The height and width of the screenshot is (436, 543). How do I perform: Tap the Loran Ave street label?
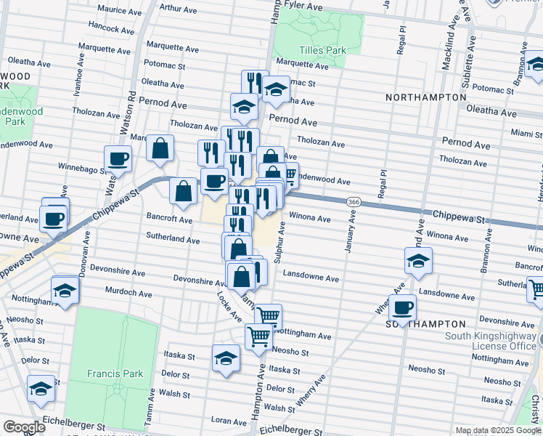click(x=228, y=421)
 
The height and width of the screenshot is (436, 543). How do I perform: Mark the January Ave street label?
click(x=348, y=233)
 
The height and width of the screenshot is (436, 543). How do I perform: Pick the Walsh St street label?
click(x=174, y=394)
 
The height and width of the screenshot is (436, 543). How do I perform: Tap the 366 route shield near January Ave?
click(x=354, y=201)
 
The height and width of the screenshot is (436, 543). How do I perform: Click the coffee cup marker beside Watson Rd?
click(x=118, y=159)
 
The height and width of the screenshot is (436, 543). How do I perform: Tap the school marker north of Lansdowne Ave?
click(x=418, y=261)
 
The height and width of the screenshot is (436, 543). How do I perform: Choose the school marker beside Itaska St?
click(x=226, y=359)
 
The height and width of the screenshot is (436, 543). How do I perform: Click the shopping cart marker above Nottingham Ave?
click(x=268, y=316)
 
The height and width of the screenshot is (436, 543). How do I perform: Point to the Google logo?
click(x=23, y=427)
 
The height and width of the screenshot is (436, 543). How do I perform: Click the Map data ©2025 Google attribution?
click(x=497, y=430)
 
